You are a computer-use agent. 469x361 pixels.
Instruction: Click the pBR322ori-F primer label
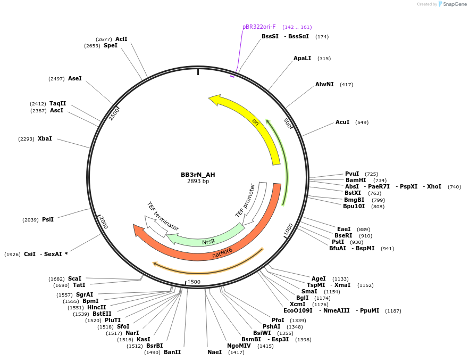coord(259,27)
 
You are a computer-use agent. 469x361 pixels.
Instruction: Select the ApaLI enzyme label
coord(302,58)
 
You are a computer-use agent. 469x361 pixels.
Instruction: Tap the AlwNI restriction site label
coord(324,84)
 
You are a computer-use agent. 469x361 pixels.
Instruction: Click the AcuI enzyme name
coord(342,122)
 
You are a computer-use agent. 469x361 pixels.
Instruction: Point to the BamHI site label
coord(356,180)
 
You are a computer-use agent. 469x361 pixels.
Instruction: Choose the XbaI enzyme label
coord(45,138)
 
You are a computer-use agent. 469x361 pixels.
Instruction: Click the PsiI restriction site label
coord(48,219)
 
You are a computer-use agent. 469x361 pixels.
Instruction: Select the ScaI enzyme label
coord(74,278)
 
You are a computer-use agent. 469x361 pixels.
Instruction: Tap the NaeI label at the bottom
coord(215,352)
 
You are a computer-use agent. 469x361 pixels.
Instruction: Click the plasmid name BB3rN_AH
coord(198,175)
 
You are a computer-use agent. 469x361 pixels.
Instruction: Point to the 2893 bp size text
coord(198,182)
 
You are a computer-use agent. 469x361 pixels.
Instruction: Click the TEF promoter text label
coord(246,200)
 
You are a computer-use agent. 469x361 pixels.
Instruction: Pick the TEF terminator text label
coord(163,216)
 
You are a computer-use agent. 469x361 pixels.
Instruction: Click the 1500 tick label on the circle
coord(194,282)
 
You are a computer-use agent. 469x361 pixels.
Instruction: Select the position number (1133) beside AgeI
coord(340,278)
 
